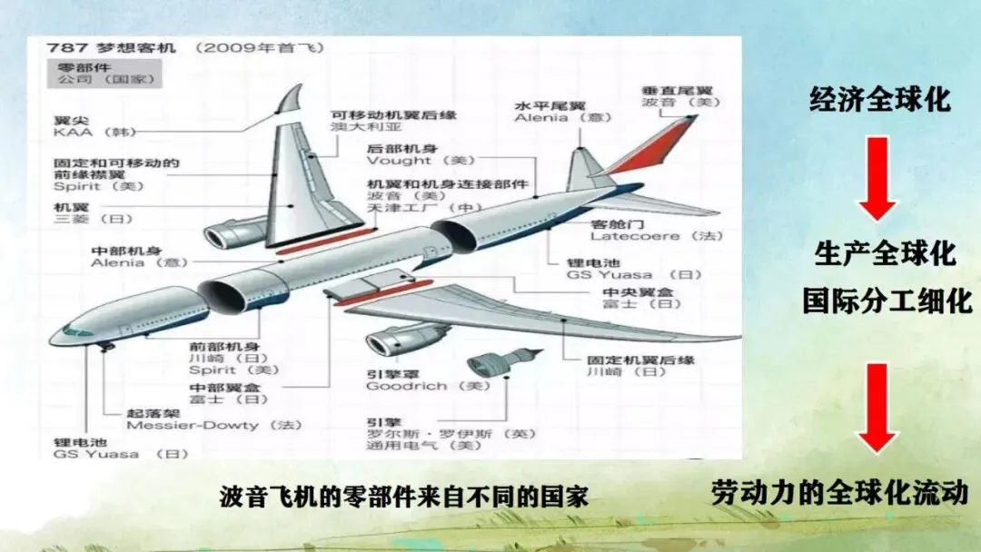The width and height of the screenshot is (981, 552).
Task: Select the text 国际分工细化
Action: [x=887, y=300]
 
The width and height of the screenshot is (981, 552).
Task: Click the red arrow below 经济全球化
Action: [x=878, y=179]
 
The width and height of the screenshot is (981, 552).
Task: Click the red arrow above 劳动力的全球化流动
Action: [x=878, y=408]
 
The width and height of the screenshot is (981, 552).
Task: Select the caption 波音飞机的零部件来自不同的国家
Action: [x=404, y=497]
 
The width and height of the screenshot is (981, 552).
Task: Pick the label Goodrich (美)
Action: [x=419, y=386]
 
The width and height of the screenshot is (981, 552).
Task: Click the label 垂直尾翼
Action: [x=664, y=92]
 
